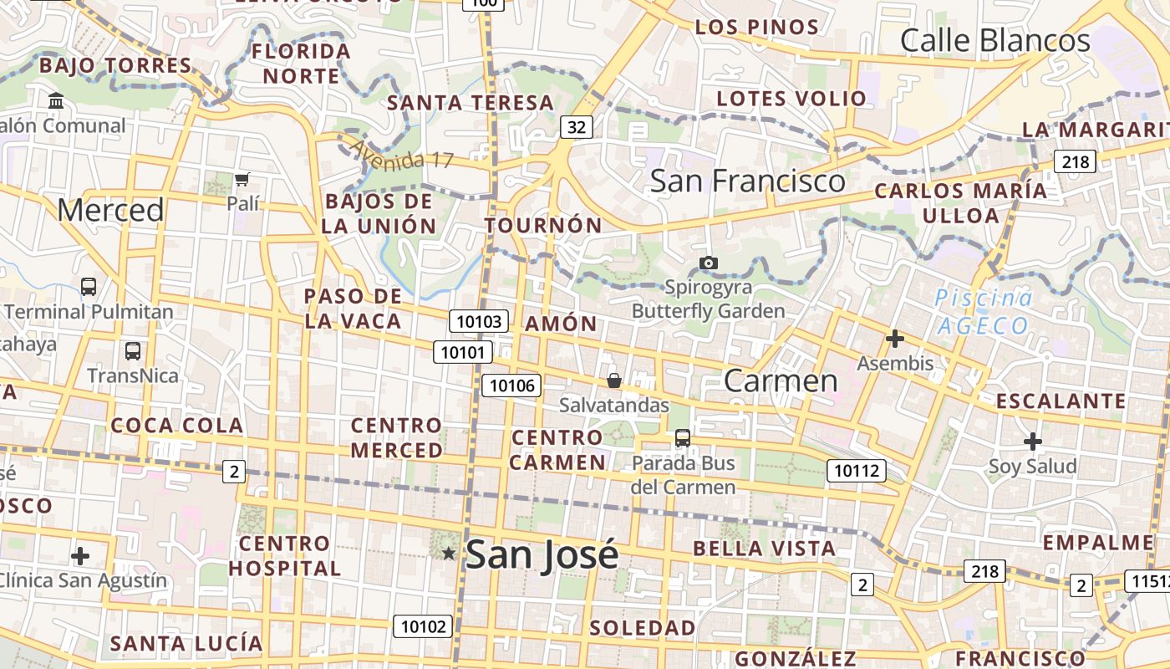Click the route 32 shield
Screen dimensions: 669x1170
coord(576,127)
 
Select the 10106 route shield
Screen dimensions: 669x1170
coord(511,386)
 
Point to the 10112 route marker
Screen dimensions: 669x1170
coord(857,471)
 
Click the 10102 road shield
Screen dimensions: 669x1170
coord(424,626)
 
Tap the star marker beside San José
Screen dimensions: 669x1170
coord(449,553)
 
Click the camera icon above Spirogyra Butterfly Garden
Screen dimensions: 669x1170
coord(709,263)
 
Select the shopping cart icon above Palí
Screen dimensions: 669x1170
coord(242,179)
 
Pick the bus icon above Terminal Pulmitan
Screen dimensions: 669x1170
coord(89,287)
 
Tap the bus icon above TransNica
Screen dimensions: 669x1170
coord(132,351)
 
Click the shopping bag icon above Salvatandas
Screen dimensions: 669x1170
coord(614,381)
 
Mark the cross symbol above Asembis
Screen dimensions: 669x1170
coord(895,339)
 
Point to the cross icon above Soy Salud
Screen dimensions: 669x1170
coord(1033,442)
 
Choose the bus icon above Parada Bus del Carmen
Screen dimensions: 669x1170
coord(683,437)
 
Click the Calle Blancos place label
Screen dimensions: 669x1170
coord(995,40)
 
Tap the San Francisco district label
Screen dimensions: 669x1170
coord(747,181)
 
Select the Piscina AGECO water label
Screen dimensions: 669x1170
coord(983,312)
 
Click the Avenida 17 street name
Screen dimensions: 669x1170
coord(400,154)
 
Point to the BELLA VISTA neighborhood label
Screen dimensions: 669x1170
coord(764,549)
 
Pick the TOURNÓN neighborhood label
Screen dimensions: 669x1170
coord(543,226)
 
